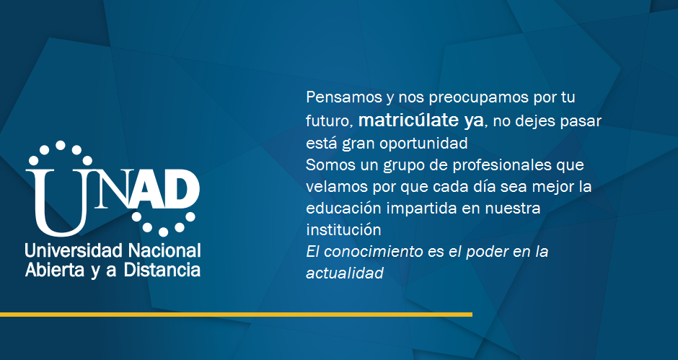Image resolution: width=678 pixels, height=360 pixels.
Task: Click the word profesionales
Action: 502,165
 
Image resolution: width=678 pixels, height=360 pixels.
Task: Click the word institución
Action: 343,229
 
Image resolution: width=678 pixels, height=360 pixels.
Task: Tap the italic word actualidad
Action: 345,273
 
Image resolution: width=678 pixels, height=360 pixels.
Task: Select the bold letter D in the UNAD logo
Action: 182,189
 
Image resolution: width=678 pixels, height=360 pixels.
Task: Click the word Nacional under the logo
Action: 165,250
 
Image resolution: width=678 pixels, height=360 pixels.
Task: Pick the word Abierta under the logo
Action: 55,270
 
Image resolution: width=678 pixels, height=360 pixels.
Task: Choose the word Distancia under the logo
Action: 162,270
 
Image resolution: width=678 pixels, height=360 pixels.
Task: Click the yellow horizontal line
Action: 236,315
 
